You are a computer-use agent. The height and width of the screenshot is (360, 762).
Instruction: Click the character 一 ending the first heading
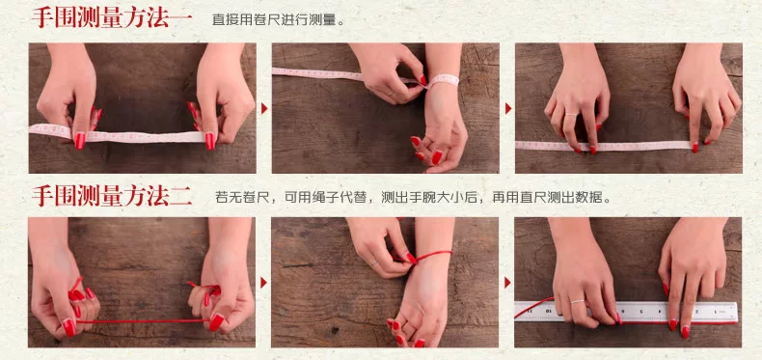pos(180,18)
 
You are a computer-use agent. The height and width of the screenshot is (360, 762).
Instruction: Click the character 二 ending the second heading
pos(180,197)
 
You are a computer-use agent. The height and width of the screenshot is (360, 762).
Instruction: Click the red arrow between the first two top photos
pos(264,108)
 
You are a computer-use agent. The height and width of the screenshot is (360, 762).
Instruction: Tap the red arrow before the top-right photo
pos(507,108)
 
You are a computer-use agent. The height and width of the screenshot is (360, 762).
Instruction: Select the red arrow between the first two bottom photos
pos(264,282)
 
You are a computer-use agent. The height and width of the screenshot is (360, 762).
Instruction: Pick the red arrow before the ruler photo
pos(507,282)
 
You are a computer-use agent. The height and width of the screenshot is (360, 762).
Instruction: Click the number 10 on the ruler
pos(549,310)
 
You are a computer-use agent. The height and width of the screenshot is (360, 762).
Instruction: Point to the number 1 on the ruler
pos(716,310)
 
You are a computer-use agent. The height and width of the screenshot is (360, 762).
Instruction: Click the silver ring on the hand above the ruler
pos(578,302)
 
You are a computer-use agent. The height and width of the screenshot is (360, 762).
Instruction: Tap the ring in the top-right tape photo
pos(570,115)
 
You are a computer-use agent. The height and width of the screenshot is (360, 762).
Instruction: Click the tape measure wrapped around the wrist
pos(442,80)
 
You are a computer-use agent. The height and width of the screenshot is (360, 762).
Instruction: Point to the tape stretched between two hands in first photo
pos(117,134)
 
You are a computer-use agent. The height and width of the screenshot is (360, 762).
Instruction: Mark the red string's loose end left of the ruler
pos(518,316)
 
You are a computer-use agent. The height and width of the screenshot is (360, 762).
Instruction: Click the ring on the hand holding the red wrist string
pos(374,263)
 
